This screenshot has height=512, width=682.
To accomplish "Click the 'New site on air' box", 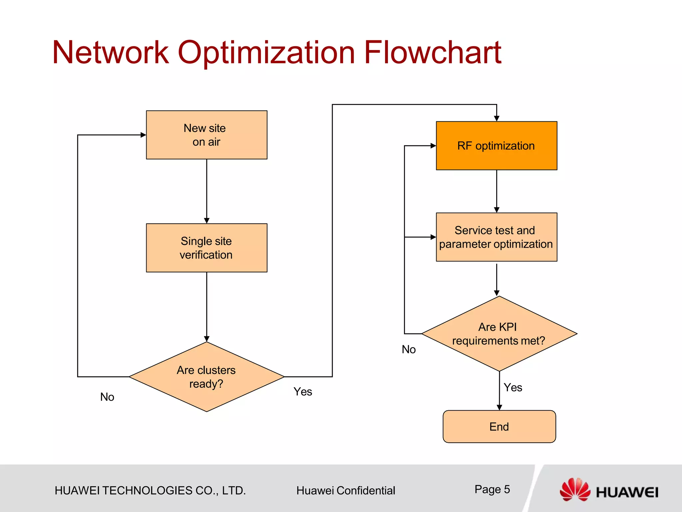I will point(206,135).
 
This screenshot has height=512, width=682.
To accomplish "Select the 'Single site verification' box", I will point(206,248).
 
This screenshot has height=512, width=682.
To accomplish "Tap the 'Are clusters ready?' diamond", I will point(206,377).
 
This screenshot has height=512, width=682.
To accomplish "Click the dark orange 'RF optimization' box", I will point(496,146).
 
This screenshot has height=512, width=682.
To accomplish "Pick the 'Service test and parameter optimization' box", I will point(496,237).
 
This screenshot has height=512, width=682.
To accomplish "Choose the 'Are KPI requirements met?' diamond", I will point(499,334).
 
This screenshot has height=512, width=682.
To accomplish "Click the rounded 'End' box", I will point(499,426).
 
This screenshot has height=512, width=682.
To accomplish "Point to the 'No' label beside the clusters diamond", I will point(107,397).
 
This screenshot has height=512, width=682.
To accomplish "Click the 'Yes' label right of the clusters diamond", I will point(303,392).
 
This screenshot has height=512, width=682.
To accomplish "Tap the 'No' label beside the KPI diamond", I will point(409,349).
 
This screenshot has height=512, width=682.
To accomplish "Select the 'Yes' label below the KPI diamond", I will point(513,387).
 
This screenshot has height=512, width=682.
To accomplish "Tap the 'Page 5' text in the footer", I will point(492,489).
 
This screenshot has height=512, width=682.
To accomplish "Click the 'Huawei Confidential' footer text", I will point(346,491).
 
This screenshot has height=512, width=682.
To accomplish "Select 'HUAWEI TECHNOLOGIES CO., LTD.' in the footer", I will point(150,491).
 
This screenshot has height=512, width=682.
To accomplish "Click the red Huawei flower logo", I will point(575,489).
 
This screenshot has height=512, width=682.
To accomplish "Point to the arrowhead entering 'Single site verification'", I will point(206,221).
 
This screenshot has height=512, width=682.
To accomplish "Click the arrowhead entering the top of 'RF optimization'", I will point(497,118).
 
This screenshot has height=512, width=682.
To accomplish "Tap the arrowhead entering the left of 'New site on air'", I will point(143,135).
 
